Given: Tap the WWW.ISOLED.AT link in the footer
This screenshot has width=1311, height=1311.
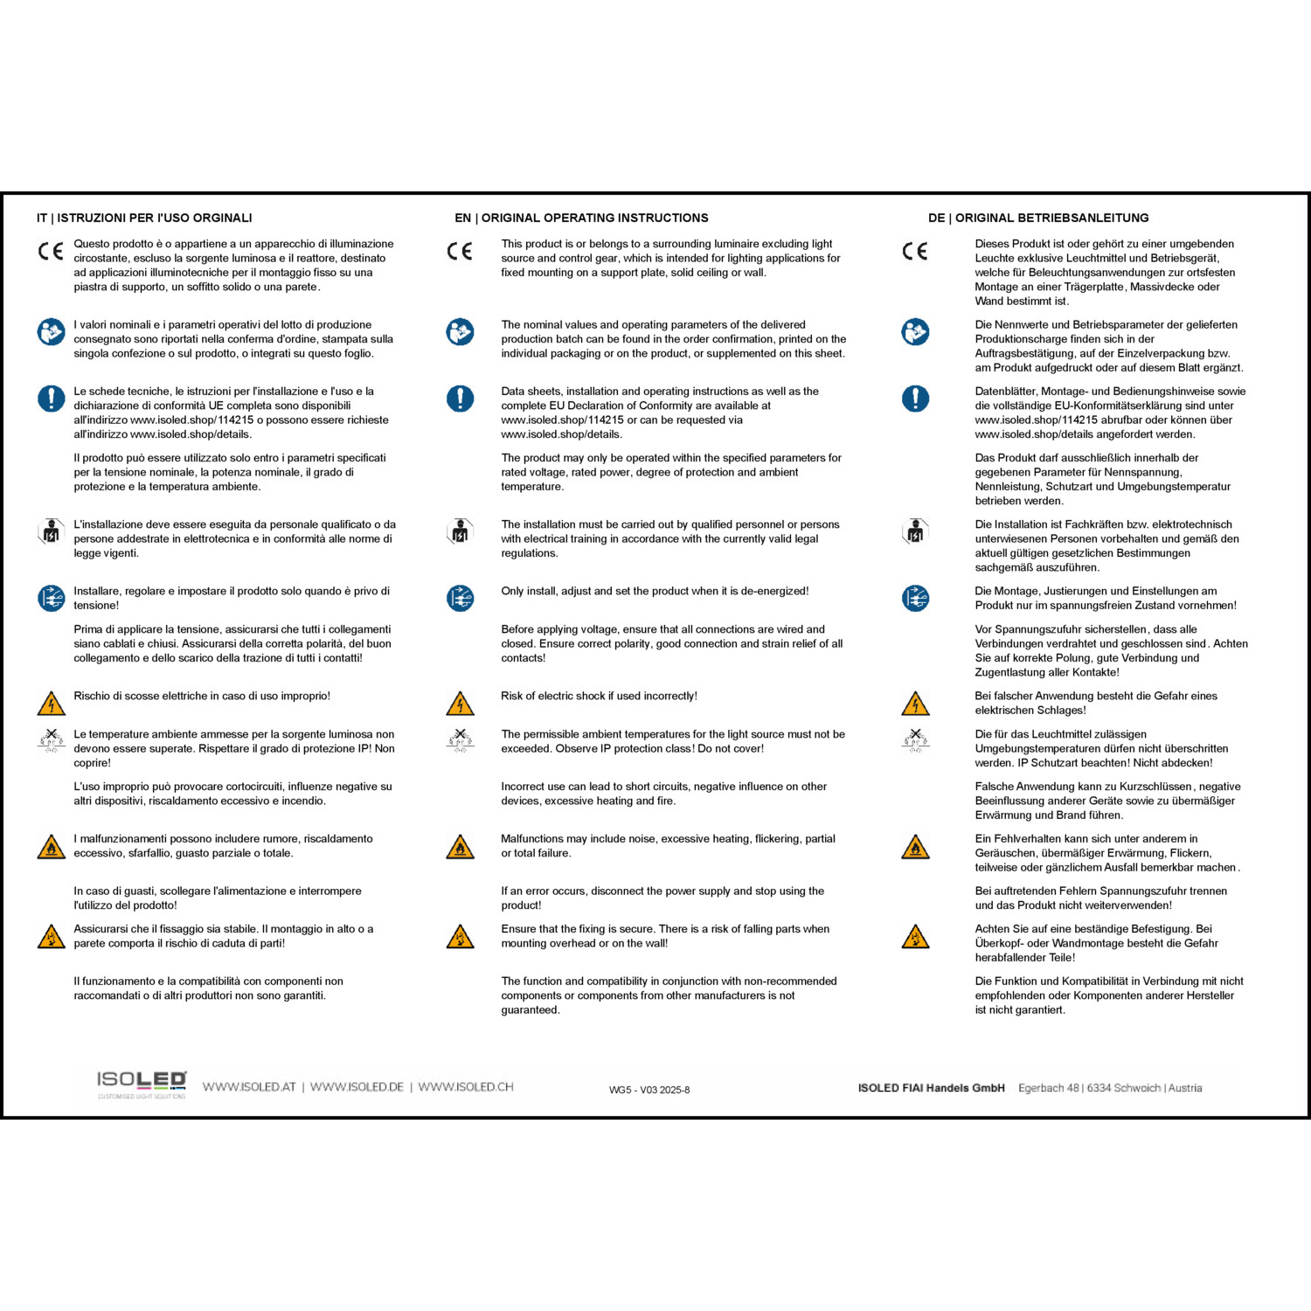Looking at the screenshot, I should point(249,1087).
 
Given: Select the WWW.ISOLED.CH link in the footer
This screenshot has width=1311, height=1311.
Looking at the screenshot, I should point(465,1087).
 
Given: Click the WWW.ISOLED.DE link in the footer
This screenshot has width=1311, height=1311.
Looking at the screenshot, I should point(357,1087).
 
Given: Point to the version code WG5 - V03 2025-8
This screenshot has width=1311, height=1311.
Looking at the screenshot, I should point(649,1090).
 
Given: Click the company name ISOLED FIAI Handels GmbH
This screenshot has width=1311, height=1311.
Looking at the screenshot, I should point(931,1088).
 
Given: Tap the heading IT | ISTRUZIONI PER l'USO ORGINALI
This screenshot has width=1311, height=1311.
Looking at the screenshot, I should point(144,218).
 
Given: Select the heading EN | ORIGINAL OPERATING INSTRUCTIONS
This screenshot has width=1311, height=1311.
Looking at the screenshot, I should point(581,218).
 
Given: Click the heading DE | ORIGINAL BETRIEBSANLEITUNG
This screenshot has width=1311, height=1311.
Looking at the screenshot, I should point(1038,218).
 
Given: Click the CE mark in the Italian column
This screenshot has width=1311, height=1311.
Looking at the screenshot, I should point(51,252).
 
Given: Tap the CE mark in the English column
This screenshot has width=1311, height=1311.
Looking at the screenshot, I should point(460,252).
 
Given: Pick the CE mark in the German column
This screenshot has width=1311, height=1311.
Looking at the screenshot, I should point(915,252).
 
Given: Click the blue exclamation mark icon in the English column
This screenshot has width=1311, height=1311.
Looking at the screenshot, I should point(460,399).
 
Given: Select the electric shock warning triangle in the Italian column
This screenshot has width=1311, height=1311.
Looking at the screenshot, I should point(52,704).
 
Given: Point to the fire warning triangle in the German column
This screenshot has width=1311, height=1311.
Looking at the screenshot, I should point(915,847).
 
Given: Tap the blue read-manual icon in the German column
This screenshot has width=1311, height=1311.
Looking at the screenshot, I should point(915,332).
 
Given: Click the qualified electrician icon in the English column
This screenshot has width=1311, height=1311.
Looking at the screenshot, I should point(460,531).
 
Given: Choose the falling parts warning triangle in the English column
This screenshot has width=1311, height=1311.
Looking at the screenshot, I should point(460,937).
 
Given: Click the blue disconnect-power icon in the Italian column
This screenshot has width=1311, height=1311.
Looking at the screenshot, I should point(52,599).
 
